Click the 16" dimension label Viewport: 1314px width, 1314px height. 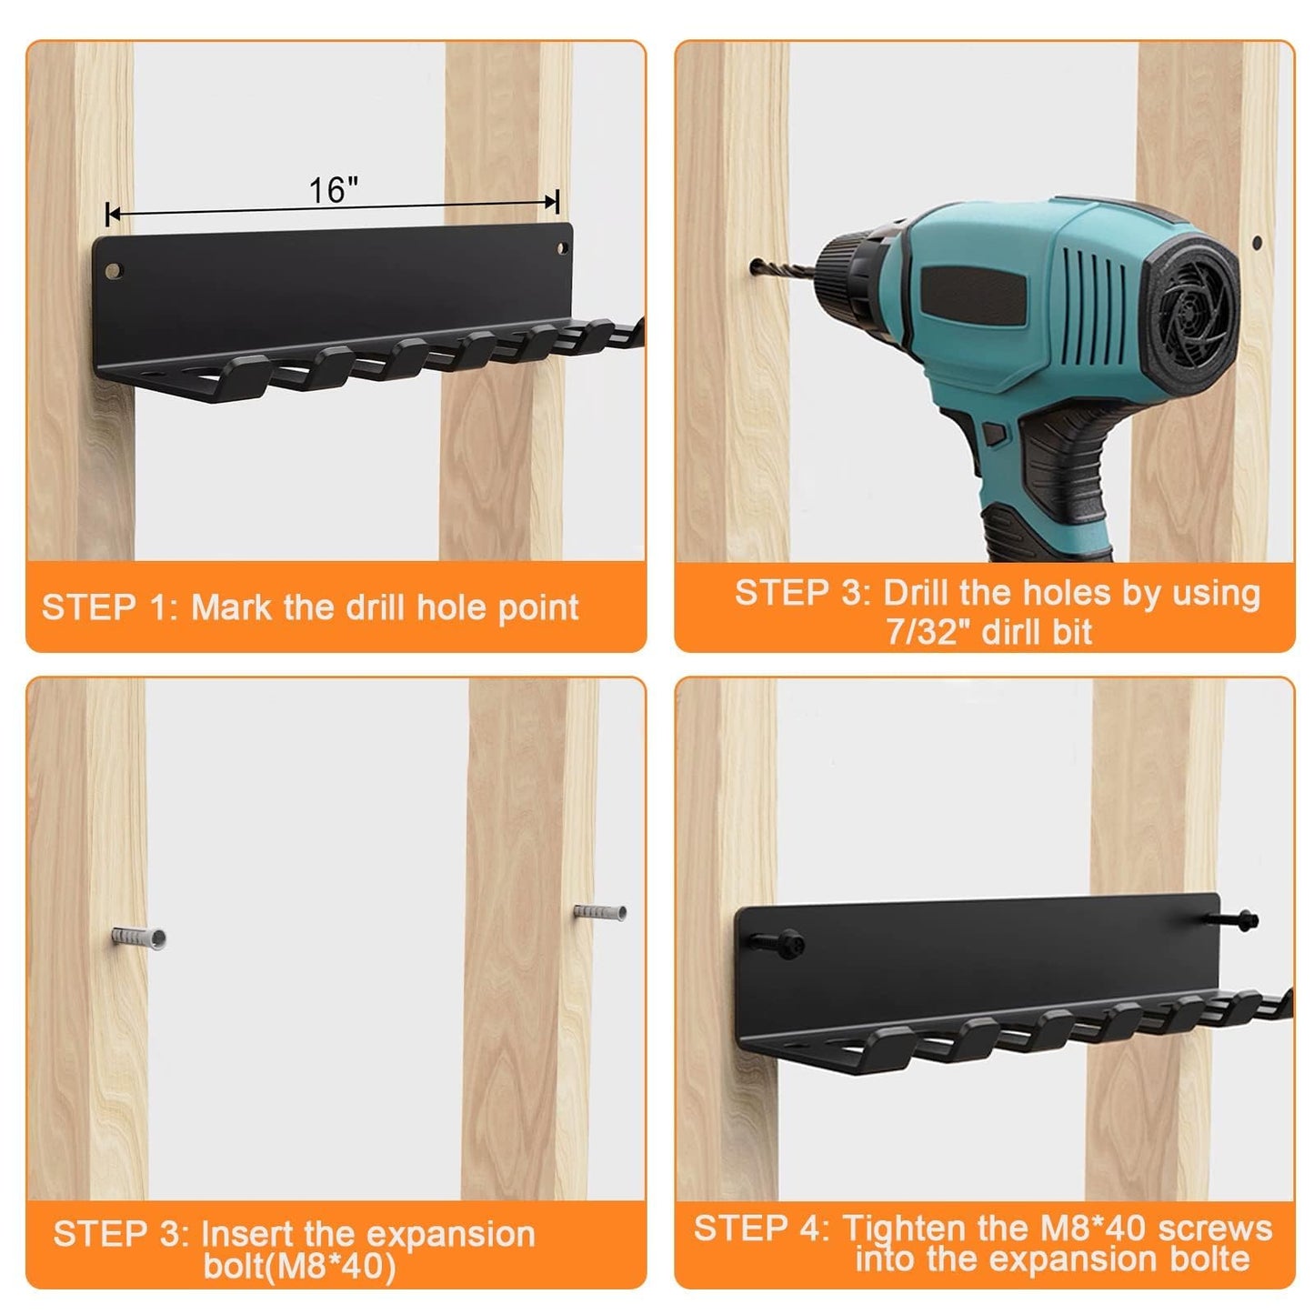coord(333,190)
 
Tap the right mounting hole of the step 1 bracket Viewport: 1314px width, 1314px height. coord(562,248)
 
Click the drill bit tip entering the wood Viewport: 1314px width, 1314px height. coord(754,266)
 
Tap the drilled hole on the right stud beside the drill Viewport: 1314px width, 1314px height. coord(1256,242)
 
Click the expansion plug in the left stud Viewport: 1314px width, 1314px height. coord(137,939)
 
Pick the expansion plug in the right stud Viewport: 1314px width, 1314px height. coord(600,912)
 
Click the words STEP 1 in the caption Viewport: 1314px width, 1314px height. coord(109,607)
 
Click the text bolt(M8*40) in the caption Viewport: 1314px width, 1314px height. coord(299,1266)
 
